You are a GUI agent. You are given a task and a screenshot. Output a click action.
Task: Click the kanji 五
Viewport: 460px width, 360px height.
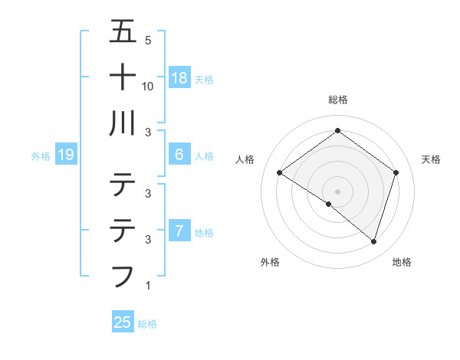pyautogui.click(x=123, y=32)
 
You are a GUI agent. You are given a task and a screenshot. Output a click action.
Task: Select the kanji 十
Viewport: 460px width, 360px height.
pyautogui.click(x=123, y=77)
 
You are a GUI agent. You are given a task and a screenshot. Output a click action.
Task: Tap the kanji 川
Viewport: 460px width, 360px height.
pyautogui.click(x=123, y=123)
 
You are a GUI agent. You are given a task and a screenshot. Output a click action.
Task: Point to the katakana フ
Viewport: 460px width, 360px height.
pyautogui.click(x=123, y=275)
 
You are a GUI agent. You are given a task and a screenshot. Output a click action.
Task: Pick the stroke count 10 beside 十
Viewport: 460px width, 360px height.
pyautogui.click(x=149, y=86)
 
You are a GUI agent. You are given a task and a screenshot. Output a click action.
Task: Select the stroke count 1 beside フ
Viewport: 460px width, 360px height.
pyautogui.click(x=147, y=286)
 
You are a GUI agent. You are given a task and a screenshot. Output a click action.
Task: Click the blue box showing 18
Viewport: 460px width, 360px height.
pyautogui.click(x=179, y=78)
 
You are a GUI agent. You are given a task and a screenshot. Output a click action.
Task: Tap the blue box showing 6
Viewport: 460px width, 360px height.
pyautogui.click(x=179, y=155)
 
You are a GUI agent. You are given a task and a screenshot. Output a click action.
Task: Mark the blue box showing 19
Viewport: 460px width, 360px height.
pyautogui.click(x=66, y=155)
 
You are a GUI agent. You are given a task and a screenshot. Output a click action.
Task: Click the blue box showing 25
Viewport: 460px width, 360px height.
pyautogui.click(x=123, y=322)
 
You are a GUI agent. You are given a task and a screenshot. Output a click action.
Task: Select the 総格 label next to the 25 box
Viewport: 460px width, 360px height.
pyautogui.click(x=148, y=324)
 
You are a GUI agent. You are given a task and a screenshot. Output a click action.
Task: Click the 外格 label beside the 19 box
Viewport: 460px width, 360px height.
pyautogui.click(x=41, y=156)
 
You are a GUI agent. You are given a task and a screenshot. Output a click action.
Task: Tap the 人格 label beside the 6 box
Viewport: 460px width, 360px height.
pyautogui.click(x=204, y=156)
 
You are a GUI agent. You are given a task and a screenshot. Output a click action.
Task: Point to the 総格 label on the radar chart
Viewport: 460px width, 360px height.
pyautogui.click(x=337, y=100)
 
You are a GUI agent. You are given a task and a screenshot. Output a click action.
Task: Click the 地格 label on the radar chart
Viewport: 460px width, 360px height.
pyautogui.click(x=402, y=262)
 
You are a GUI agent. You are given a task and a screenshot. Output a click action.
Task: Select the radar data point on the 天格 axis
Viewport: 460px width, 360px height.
pyautogui.click(x=396, y=172)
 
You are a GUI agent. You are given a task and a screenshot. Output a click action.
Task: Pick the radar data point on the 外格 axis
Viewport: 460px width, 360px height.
pyautogui.click(x=329, y=204)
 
